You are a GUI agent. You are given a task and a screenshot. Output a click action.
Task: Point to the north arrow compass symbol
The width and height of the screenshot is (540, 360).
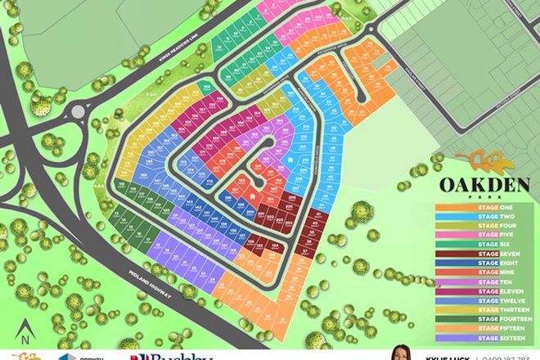click(26, 331)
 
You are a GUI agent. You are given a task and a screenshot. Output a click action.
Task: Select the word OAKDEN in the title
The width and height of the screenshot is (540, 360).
click(473, 182)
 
